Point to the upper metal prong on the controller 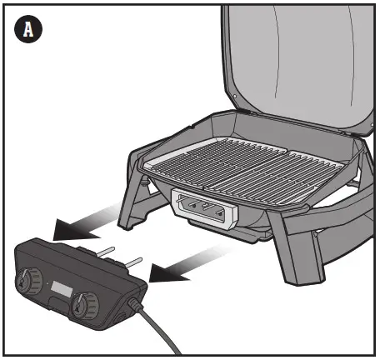point(106,248)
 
